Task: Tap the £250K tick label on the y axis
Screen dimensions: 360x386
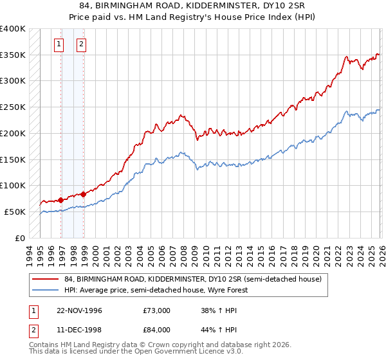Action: click(13, 107)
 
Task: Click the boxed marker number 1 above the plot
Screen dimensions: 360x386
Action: click(59, 44)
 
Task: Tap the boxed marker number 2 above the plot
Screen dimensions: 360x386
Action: click(82, 44)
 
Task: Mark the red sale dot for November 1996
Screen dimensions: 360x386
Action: click(61, 199)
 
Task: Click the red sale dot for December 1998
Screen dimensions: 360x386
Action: click(84, 194)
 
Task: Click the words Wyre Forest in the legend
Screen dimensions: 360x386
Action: click(234, 290)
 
